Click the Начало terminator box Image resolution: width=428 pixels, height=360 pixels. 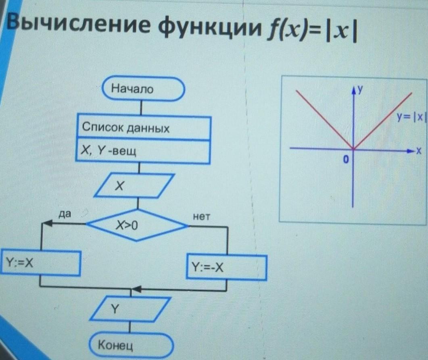[143, 89]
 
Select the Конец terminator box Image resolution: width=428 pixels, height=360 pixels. [132, 345]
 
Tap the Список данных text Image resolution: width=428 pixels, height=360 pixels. [125, 129]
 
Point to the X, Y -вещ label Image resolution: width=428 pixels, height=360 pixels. [108, 152]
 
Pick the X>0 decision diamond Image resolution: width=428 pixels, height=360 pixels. [137, 225]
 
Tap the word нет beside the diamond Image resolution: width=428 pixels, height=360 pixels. [202, 217]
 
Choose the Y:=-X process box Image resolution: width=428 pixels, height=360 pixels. [226, 267]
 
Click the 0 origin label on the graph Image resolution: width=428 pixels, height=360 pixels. [345, 160]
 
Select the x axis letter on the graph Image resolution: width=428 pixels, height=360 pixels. [418, 152]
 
